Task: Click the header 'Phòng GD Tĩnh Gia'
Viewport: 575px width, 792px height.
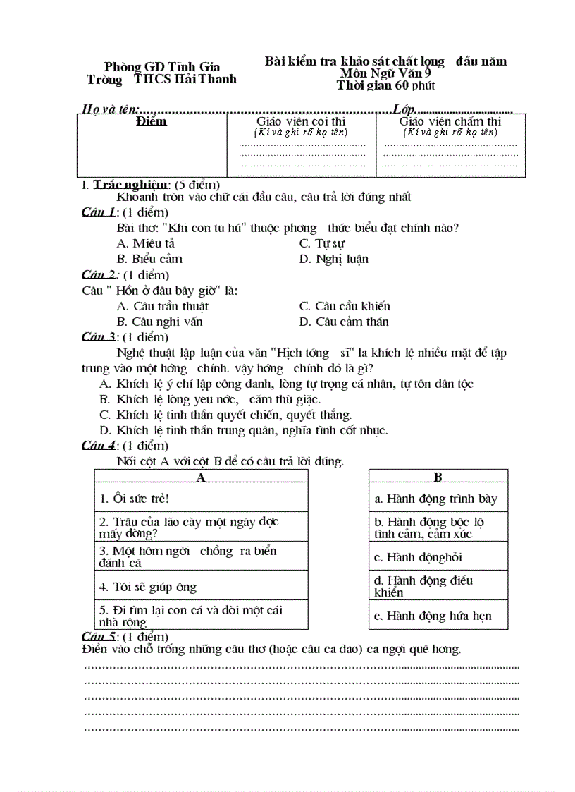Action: (x=162, y=67)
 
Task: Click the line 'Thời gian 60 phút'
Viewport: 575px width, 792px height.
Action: (x=385, y=86)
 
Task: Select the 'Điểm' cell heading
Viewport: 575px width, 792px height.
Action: (x=152, y=122)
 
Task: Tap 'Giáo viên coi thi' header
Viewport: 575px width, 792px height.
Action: (x=301, y=122)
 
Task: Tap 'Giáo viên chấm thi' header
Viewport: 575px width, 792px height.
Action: (x=450, y=122)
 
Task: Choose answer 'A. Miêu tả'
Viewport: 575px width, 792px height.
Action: (x=146, y=243)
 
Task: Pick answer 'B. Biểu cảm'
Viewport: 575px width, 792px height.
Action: (x=149, y=259)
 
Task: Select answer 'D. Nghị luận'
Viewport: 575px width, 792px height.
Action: (x=333, y=259)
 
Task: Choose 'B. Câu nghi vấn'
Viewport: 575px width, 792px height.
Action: (x=159, y=322)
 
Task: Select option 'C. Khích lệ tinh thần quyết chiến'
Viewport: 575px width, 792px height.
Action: (x=225, y=415)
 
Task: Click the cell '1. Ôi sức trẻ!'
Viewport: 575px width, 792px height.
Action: (x=134, y=499)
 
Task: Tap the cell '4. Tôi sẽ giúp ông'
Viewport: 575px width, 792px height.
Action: (x=148, y=587)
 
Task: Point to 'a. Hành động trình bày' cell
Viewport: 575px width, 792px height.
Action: (x=436, y=499)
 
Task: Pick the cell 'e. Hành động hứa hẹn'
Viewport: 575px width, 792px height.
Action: (x=433, y=616)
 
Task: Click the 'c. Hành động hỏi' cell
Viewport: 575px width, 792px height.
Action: (x=419, y=557)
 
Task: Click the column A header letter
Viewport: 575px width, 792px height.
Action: (x=201, y=477)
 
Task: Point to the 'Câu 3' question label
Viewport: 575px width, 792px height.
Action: (x=99, y=336)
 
